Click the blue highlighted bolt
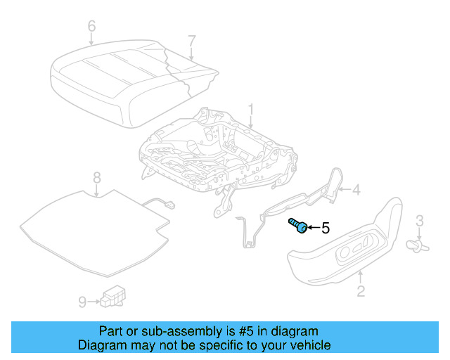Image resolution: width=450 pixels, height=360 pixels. (298, 226)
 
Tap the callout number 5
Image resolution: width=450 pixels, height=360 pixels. (326, 228)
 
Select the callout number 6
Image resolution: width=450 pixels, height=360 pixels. (91, 26)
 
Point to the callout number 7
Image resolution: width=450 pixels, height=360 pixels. (192, 41)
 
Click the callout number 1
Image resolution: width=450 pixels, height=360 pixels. (251, 110)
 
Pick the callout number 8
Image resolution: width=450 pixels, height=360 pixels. (97, 177)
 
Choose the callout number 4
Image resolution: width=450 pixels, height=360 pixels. (356, 190)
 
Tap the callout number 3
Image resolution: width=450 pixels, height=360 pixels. (420, 221)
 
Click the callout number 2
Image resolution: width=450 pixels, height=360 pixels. (361, 291)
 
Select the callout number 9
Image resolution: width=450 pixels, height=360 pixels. (82, 302)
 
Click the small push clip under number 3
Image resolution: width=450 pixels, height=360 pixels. (418, 246)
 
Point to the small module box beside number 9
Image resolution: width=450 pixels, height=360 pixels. (112, 296)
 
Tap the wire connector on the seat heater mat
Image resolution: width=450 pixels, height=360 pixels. (170, 205)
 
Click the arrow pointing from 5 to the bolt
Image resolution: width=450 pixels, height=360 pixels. (314, 228)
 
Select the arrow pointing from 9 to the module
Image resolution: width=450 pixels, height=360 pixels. (94, 302)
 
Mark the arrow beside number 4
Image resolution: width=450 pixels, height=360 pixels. (345, 189)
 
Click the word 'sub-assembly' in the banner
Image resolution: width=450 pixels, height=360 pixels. (181, 332)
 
